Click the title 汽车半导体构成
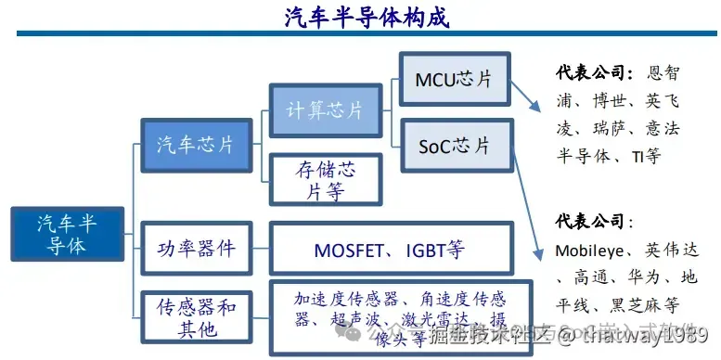pos(359,17)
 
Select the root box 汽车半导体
pos(66,235)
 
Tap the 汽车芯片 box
pos(195,145)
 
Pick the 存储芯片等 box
pos(324,180)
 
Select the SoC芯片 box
pos(456,145)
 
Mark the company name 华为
pos(638,277)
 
